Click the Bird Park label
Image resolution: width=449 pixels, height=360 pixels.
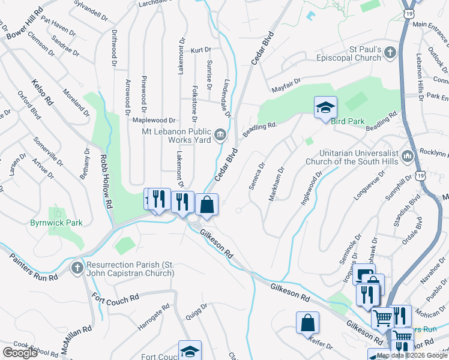348,121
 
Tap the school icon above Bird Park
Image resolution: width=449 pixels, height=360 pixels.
325,107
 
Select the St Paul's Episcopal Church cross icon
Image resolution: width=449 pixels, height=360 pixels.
390,53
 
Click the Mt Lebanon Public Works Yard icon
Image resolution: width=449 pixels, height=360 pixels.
220,133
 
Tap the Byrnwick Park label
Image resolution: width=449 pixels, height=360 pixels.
56,223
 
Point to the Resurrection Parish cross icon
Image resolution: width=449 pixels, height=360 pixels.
77,268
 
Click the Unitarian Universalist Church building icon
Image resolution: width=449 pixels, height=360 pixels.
408,157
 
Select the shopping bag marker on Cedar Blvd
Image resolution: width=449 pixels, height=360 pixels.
206,205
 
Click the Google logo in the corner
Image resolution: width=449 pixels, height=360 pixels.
20,353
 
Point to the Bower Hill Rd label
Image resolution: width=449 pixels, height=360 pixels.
23,25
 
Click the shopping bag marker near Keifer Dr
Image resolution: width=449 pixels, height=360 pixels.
307,322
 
